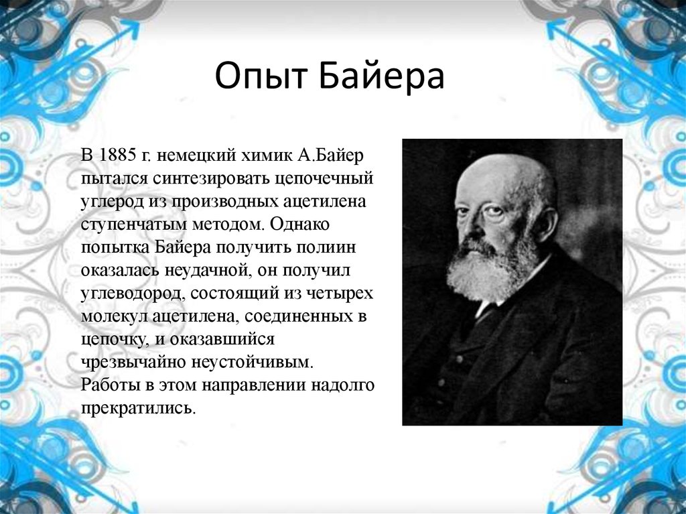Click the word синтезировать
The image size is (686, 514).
(210, 179)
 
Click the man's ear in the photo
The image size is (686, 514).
(546, 221)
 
